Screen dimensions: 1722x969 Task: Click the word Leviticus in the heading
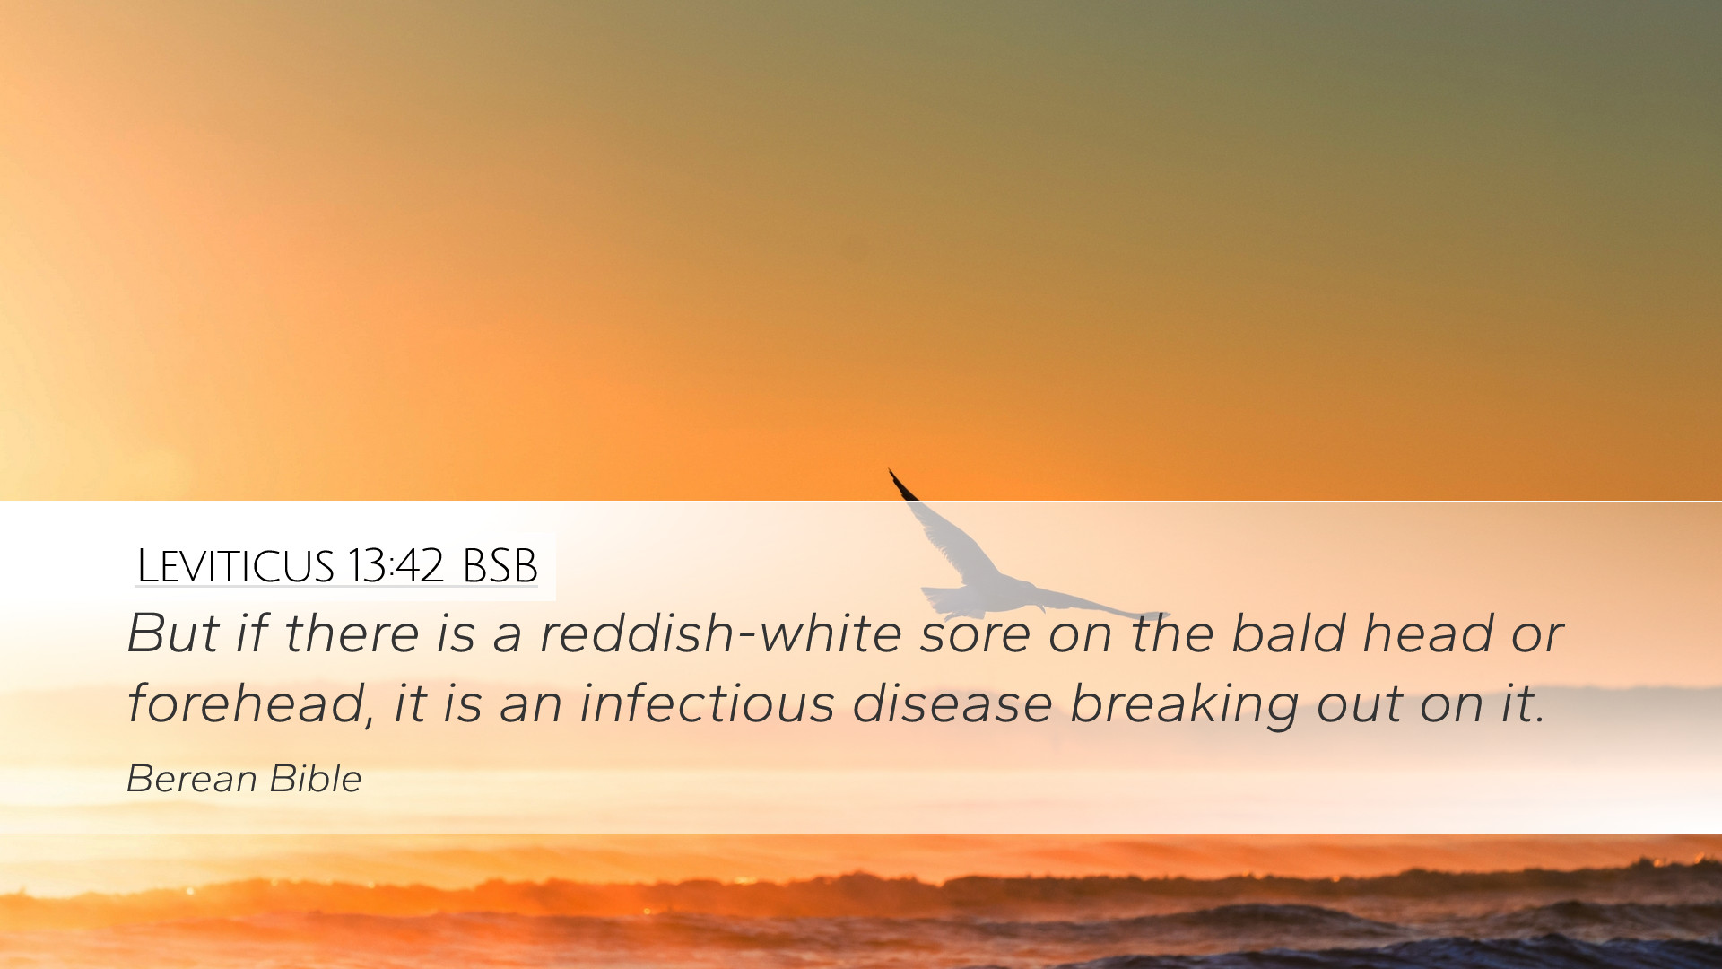point(235,566)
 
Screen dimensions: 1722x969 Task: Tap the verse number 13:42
point(395,566)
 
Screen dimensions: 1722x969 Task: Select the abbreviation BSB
point(500,566)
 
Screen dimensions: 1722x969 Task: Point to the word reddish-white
point(720,633)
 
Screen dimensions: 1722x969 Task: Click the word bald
point(1289,633)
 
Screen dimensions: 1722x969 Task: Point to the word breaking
point(1184,704)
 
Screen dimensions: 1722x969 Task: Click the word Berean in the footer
point(192,779)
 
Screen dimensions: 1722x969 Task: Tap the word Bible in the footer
point(316,779)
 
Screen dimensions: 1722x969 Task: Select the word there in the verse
point(352,633)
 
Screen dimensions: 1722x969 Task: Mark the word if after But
point(252,633)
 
